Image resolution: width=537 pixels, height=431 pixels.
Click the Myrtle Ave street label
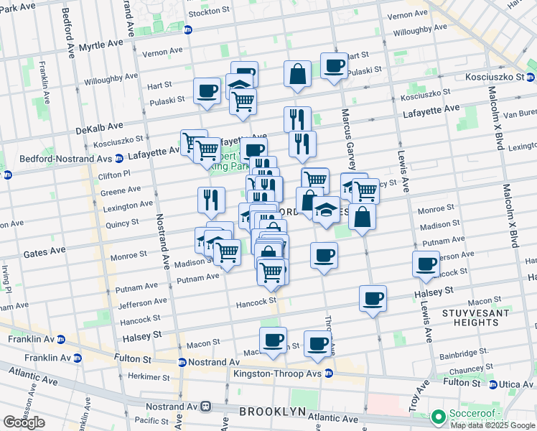pos(100,45)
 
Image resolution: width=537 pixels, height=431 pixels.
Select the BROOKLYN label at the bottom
pos(268,411)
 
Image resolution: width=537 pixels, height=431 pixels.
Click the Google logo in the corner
pos(24,422)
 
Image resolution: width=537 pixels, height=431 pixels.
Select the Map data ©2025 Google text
pos(492,425)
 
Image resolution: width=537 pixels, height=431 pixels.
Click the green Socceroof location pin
pos(437,416)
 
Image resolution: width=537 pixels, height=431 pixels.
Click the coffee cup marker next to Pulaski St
pos(207,91)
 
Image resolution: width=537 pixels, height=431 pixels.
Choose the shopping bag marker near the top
pos(297,74)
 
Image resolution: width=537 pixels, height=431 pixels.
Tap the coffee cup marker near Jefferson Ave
pos(426,264)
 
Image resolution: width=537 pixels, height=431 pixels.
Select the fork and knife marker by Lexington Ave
pos(211,200)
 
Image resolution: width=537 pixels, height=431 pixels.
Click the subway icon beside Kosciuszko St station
pos(531,78)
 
